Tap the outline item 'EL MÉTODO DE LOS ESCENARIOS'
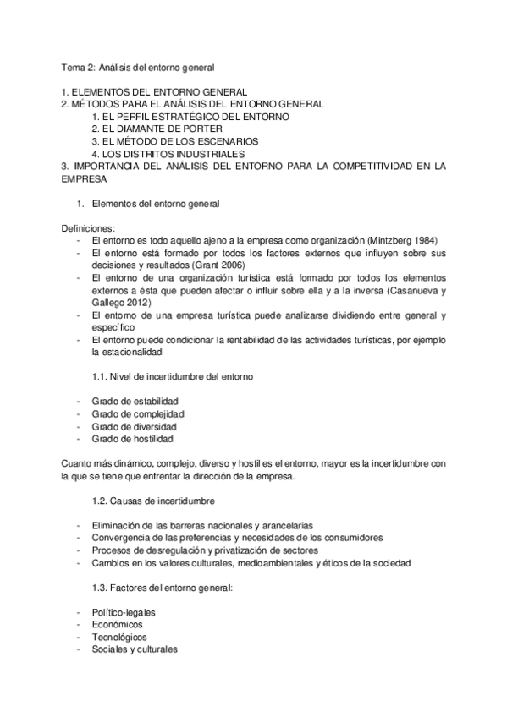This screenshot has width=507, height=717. tap(175, 141)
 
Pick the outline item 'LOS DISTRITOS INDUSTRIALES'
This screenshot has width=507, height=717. tap(168, 154)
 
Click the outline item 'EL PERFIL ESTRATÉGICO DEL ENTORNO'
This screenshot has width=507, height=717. tap(190, 116)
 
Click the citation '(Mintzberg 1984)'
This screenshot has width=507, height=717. tap(397, 240)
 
